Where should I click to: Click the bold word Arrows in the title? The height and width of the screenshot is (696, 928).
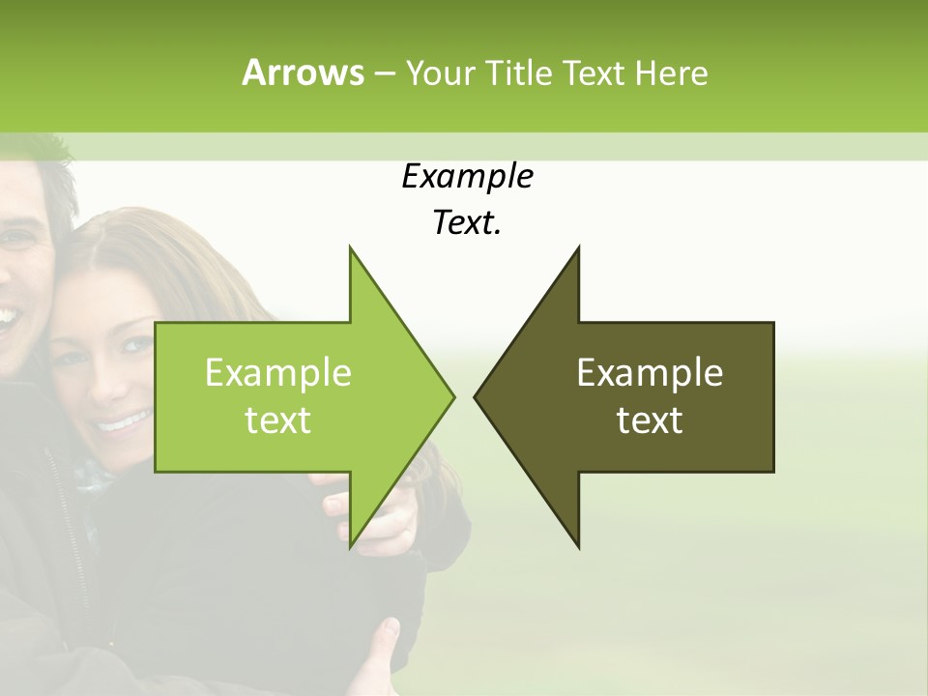click(x=303, y=72)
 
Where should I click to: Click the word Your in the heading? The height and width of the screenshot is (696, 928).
click(x=439, y=72)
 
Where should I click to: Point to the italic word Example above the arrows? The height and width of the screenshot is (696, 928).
click(x=467, y=177)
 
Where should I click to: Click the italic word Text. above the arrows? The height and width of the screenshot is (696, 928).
click(x=467, y=223)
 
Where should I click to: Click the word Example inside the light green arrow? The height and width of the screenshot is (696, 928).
click(x=278, y=373)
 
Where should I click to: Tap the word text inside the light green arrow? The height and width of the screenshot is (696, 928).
click(x=278, y=420)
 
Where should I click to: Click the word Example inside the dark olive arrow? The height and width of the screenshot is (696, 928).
click(x=650, y=373)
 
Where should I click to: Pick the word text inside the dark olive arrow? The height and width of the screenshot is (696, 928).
click(x=650, y=420)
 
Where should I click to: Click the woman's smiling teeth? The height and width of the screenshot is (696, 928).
click(x=123, y=422)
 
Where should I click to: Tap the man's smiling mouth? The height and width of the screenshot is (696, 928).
click(x=8, y=316)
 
